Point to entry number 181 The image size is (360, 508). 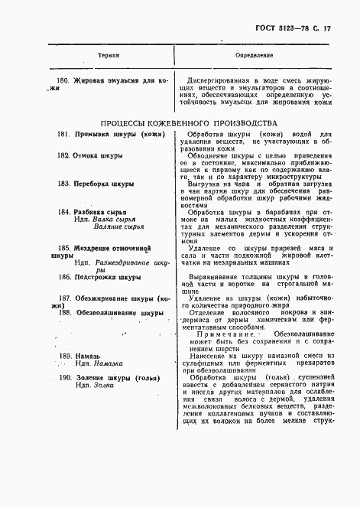point(64,135)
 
